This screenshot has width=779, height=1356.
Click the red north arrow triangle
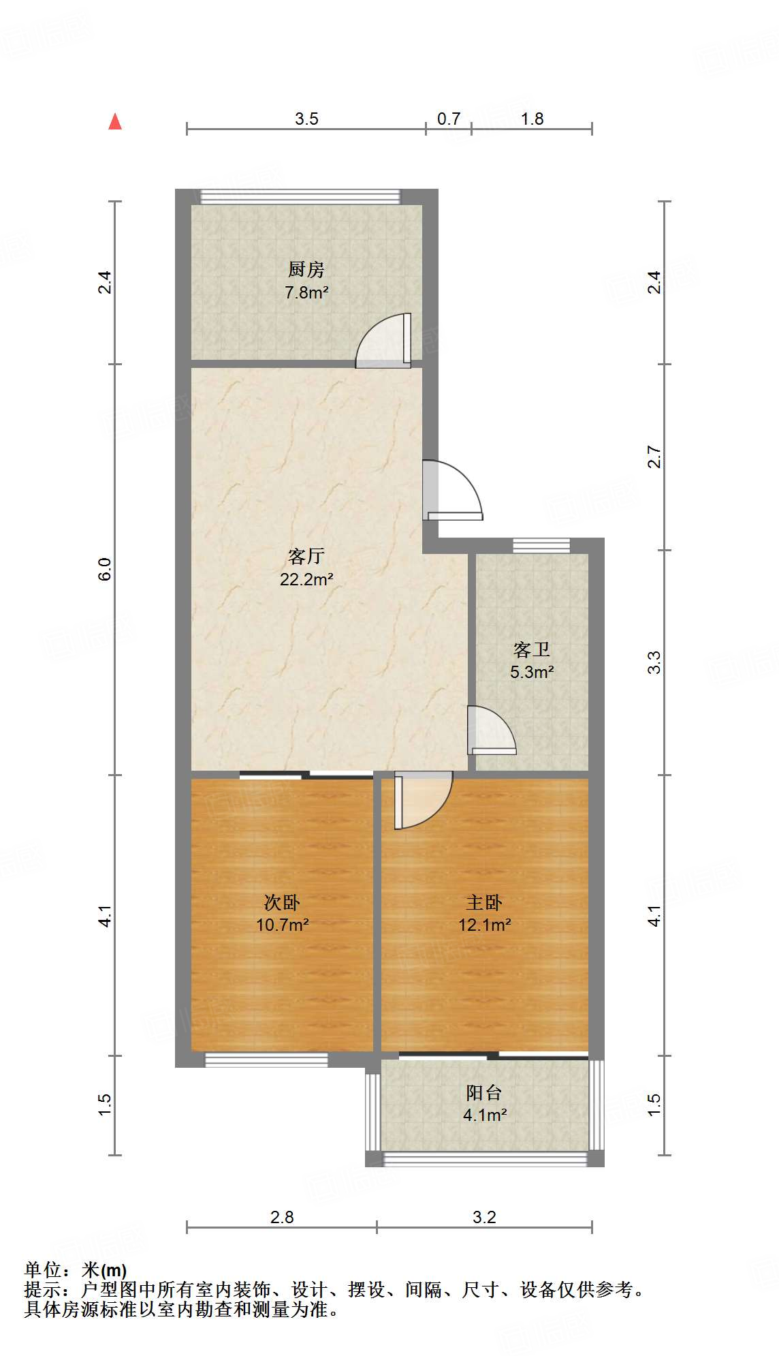pos(115,122)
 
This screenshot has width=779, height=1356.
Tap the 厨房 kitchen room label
pos(306,270)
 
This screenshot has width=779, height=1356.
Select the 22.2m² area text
pos(306,580)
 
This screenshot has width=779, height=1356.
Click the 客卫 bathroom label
pos(531,649)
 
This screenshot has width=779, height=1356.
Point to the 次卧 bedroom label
pos(282,903)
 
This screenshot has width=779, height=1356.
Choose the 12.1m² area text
pos(484,925)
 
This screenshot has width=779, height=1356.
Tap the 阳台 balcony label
pos(484,1093)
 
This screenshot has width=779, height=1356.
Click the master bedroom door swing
pos(422,799)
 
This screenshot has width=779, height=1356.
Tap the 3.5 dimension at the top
pos(306,119)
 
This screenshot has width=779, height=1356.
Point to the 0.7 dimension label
pos(449,119)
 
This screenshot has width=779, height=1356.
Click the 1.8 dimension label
pos(532,119)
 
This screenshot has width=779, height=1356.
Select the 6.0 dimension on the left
pos(104,569)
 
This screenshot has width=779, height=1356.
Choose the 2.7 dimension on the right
pos(654,457)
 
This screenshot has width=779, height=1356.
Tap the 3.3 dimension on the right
pos(654,662)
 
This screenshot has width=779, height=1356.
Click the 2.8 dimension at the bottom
pos(282,1217)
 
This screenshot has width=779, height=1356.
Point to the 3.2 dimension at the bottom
pos(484,1217)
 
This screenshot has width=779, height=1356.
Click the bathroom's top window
pos(541,545)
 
